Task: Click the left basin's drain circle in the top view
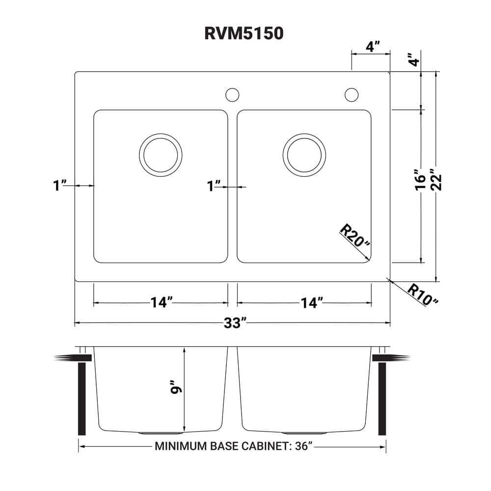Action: click(x=161, y=154)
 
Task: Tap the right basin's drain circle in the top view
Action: click(x=304, y=154)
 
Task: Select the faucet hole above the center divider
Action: click(x=232, y=94)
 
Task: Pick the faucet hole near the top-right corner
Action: click(x=352, y=94)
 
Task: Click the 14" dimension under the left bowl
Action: click(x=162, y=303)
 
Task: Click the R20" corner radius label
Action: click(x=353, y=237)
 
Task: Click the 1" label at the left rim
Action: click(x=59, y=186)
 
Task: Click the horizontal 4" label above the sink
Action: click(x=373, y=47)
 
